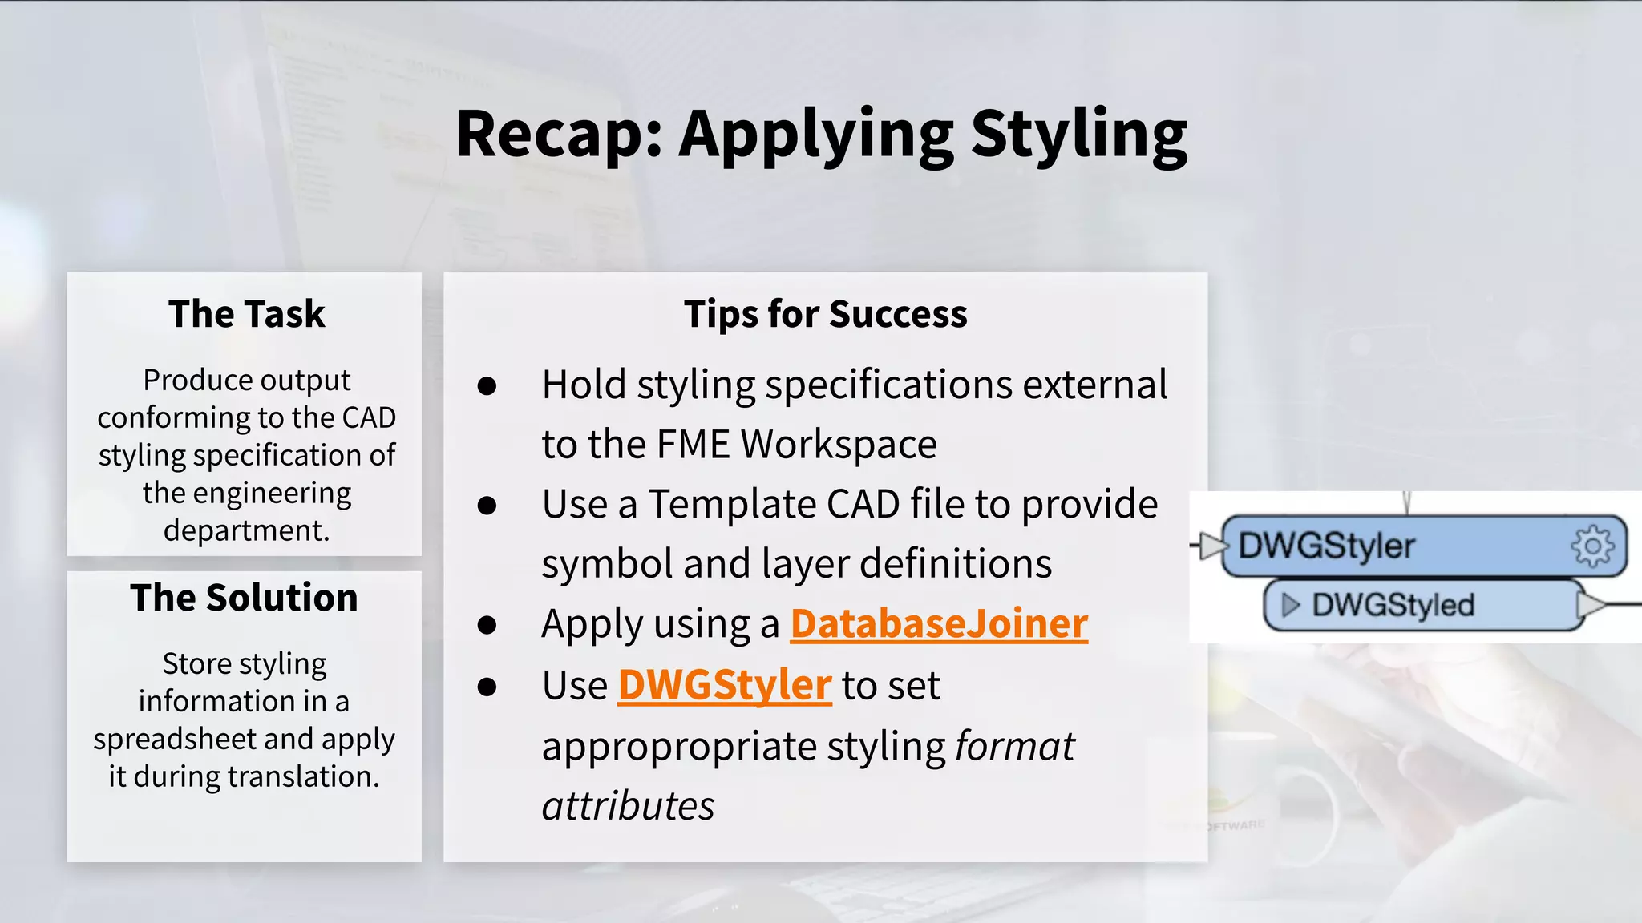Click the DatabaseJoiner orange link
938,624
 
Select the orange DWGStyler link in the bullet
724,686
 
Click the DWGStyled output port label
1393,605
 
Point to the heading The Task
246,314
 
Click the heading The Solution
244,598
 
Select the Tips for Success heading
825,314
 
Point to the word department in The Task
245,530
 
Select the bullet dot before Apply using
487,625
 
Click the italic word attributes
628,806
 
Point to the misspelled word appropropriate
678,747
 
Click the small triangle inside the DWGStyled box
1290,605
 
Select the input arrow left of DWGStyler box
1210,546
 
